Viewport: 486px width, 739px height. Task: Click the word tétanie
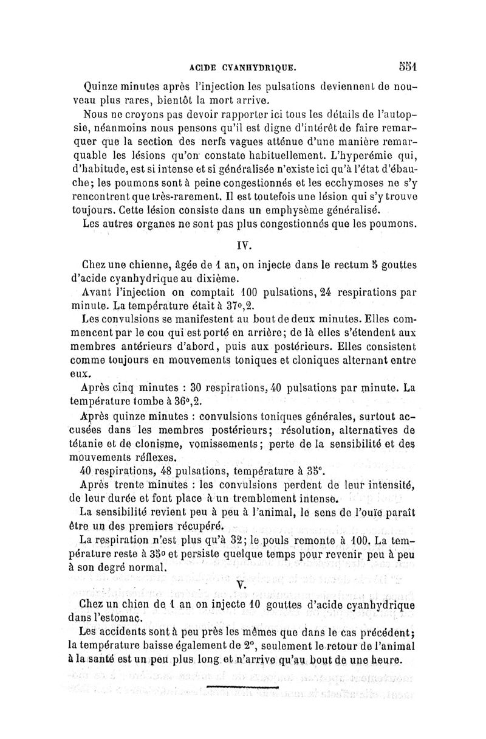[x=100, y=445]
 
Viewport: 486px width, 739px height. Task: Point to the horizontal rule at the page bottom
[x=243, y=687]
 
